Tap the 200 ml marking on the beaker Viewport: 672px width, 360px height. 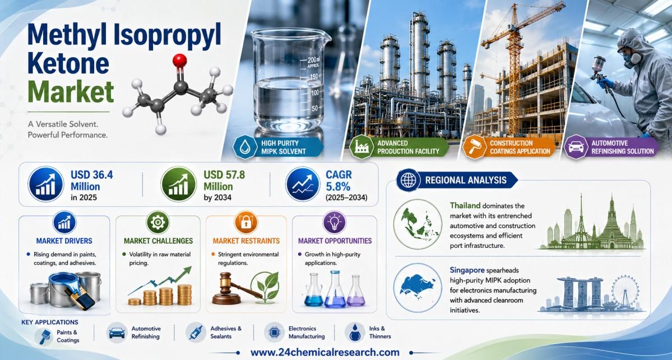click(313, 59)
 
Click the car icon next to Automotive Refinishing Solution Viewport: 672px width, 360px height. click(575, 147)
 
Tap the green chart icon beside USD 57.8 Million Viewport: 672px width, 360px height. click(178, 184)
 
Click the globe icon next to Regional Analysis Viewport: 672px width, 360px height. click(407, 181)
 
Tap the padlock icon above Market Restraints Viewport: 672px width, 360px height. click(246, 223)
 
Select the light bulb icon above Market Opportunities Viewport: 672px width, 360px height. click(333, 223)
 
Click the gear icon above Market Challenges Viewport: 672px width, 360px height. click(157, 223)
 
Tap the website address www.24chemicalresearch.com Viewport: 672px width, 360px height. click(325, 352)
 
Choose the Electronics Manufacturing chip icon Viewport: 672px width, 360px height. click(274, 333)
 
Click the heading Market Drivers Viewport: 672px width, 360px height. click(64, 241)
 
